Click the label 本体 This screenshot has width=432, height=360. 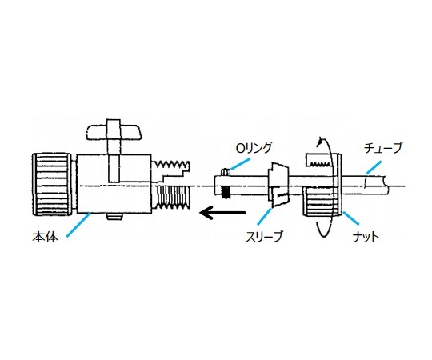point(45,237)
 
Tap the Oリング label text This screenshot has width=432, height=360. point(253,149)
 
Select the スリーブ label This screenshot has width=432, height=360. point(264,237)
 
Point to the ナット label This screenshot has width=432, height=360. point(366,237)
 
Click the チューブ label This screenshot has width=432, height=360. point(382,149)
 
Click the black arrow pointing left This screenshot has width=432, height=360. point(222,213)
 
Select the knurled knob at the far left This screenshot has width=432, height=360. point(51,185)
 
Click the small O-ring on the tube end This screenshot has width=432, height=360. point(226,171)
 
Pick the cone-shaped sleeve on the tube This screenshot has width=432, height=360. point(278,185)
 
